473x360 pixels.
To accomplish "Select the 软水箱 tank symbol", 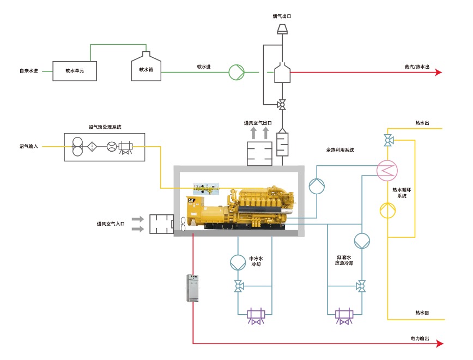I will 146,68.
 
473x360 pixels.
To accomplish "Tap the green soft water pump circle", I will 236,71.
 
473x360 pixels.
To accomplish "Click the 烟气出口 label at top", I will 282,17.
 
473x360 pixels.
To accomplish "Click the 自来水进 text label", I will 28,71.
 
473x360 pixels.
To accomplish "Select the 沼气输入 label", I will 28,146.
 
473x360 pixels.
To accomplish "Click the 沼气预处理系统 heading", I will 105,127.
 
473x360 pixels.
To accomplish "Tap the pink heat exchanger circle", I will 387,171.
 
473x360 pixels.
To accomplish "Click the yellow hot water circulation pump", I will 388,210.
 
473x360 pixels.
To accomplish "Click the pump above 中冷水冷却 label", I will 238,262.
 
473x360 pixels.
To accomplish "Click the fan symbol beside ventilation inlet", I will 181,224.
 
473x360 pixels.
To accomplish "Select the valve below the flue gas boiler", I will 282,104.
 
